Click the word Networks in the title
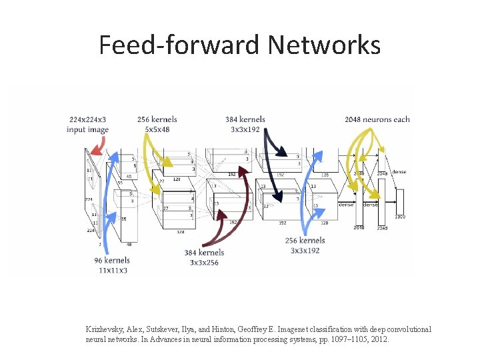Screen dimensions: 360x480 [x=324, y=45]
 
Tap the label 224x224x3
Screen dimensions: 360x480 [x=87, y=120]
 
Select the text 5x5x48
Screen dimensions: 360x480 [x=157, y=129]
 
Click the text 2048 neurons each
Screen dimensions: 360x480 [x=377, y=120]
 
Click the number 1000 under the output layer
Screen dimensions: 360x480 [x=400, y=217]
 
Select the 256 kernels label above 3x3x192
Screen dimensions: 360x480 [x=305, y=241]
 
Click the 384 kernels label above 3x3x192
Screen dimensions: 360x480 [x=245, y=120]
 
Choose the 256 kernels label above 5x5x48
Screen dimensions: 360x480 [x=157, y=120]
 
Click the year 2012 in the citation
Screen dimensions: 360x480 [x=378, y=339]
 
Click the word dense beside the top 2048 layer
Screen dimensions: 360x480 [x=399, y=172]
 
